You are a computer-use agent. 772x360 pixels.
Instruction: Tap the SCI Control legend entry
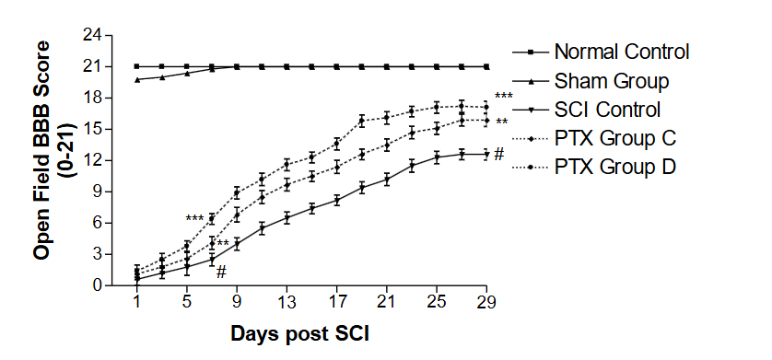(607, 109)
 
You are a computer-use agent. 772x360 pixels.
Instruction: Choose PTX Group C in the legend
(615, 138)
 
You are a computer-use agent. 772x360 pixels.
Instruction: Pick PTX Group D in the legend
(615, 167)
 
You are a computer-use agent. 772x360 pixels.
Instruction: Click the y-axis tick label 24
(91, 35)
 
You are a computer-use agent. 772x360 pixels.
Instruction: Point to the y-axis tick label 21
(91, 66)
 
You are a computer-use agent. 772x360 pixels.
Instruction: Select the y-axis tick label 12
(91, 160)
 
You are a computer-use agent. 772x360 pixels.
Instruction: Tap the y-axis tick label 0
(96, 285)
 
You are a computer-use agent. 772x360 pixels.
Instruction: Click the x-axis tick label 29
(487, 302)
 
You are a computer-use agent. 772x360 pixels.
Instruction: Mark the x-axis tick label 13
(287, 302)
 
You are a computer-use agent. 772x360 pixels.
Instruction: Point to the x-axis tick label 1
(137, 302)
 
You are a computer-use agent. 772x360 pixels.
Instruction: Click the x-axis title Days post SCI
(299, 333)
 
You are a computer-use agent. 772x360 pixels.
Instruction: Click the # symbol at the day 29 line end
(498, 154)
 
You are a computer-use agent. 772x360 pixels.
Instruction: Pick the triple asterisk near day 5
(194, 219)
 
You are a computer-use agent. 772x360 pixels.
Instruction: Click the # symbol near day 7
(221, 271)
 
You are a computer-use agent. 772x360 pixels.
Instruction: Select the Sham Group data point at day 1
(137, 79)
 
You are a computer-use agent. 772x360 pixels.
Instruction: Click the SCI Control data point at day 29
(487, 155)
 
